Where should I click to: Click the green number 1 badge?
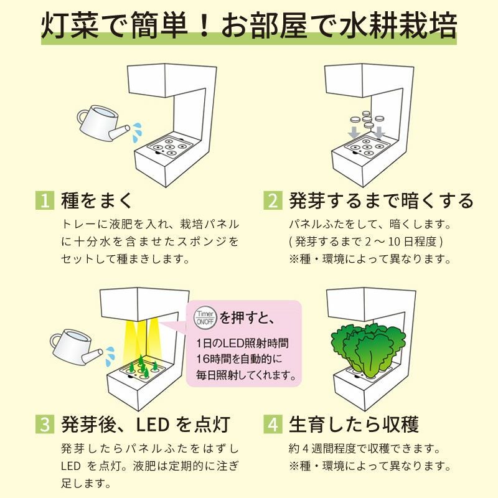click(x=45, y=200)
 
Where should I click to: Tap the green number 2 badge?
click(x=273, y=200)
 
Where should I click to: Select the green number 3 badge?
click(x=45, y=424)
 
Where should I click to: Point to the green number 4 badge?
click(x=273, y=424)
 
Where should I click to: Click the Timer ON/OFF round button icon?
click(x=205, y=317)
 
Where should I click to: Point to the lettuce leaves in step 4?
click(x=369, y=349)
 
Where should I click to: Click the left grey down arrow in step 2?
click(x=354, y=133)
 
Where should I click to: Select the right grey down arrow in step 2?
click(x=379, y=133)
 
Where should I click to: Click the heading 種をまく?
click(x=96, y=200)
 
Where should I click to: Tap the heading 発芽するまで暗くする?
click(x=381, y=200)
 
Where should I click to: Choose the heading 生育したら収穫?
click(x=354, y=424)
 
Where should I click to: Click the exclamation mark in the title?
click(x=205, y=26)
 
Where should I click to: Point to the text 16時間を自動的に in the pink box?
click(x=239, y=359)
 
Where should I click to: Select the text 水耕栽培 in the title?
click(x=398, y=26)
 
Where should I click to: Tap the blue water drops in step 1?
click(x=137, y=132)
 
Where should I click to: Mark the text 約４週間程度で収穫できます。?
click(x=365, y=448)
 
